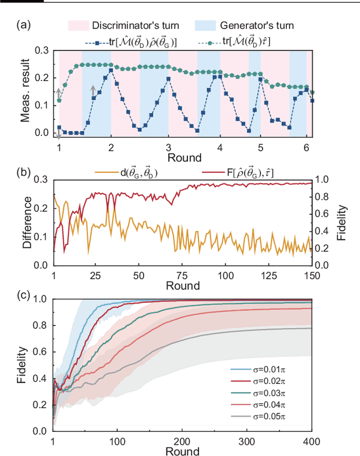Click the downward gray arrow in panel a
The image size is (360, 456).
tap(59, 135)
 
